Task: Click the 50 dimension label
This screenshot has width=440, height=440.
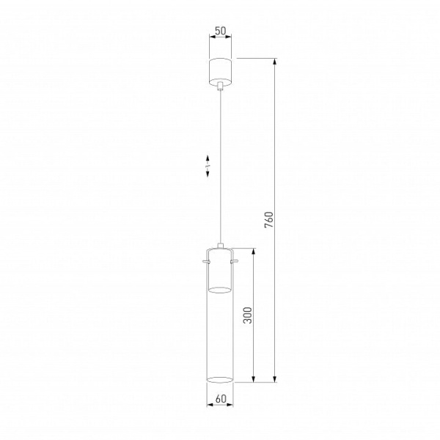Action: click(x=221, y=31)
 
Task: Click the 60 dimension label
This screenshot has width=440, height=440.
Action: click(x=221, y=398)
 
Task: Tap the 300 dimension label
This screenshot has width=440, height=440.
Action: click(x=248, y=315)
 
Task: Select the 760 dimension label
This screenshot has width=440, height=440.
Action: click(x=268, y=220)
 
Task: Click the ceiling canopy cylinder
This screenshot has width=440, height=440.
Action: click(x=220, y=72)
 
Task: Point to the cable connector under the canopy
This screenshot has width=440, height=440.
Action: click(x=220, y=86)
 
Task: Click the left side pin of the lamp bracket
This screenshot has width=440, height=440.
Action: click(x=205, y=262)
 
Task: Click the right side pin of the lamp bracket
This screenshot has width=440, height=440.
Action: click(x=234, y=262)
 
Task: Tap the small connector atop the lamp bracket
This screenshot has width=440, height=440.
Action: click(x=220, y=246)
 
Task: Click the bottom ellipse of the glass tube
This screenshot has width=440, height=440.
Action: click(x=220, y=380)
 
